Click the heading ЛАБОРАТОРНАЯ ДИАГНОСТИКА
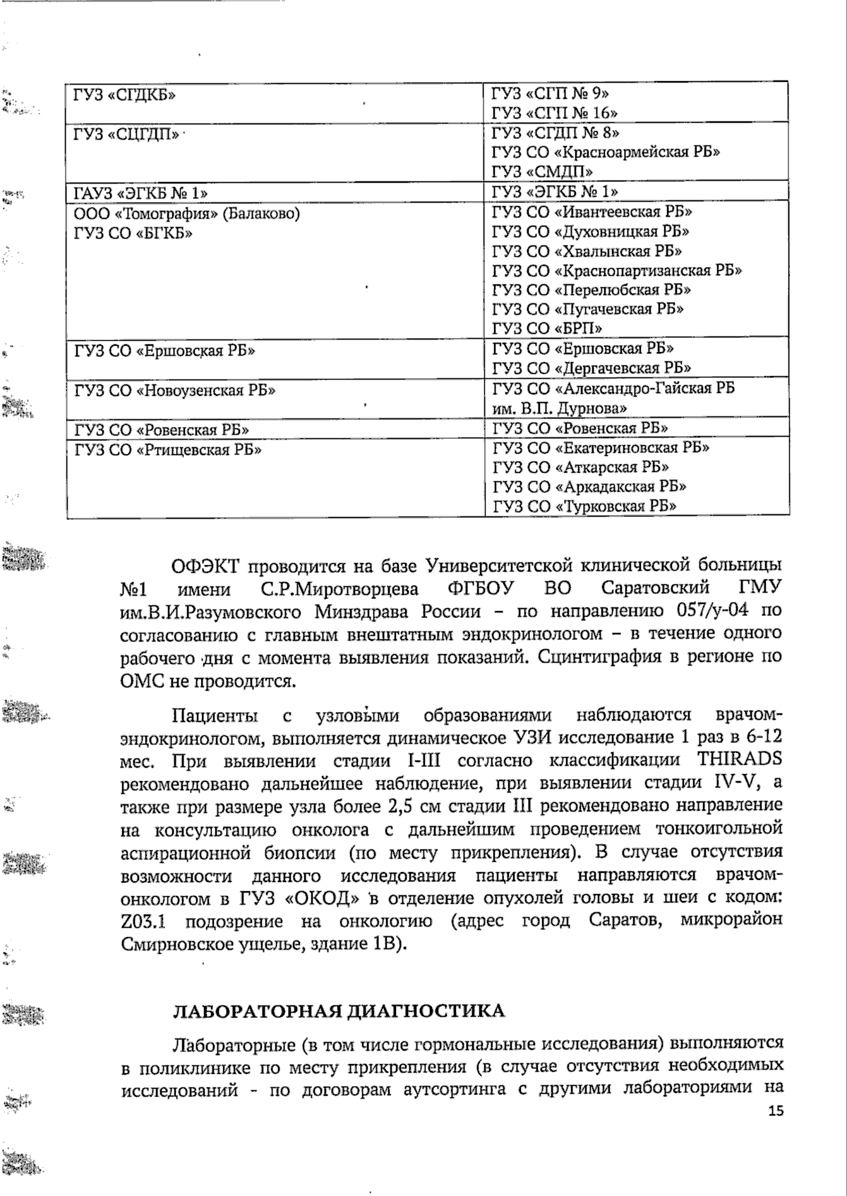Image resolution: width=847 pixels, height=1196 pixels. pos(340,1011)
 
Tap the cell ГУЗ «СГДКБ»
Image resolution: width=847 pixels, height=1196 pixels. pos(125,94)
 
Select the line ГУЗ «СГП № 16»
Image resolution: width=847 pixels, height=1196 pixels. pos(555,113)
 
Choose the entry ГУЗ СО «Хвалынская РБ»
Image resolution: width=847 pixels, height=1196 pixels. pos(587,251)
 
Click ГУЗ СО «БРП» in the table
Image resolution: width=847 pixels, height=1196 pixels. pos(547,328)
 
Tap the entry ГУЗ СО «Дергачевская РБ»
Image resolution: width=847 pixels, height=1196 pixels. pos(591,368)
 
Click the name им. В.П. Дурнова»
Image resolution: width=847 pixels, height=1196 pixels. pos(560,409)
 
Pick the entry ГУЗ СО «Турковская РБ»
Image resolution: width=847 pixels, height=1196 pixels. pos(584,506)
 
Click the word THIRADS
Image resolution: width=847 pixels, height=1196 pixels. pos(740,760)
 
